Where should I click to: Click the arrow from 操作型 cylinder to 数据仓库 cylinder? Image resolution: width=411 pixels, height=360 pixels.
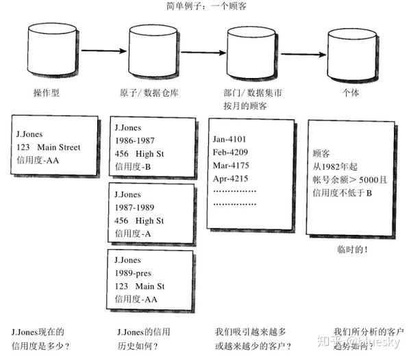click(103, 49)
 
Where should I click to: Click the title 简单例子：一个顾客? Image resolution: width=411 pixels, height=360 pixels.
click(205, 6)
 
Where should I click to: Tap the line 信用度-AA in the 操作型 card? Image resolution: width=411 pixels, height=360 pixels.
click(38, 160)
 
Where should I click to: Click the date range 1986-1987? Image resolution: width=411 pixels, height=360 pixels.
click(135, 141)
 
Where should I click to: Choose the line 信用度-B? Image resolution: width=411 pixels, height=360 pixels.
click(133, 166)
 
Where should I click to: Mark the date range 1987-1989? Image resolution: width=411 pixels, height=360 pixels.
click(135, 207)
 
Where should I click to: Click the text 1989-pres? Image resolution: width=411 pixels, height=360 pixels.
click(134, 273)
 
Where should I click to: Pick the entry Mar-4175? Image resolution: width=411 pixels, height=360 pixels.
click(230, 166)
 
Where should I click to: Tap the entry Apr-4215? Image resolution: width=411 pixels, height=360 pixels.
click(230, 179)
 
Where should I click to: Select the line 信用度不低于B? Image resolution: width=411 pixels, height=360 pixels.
click(342, 193)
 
